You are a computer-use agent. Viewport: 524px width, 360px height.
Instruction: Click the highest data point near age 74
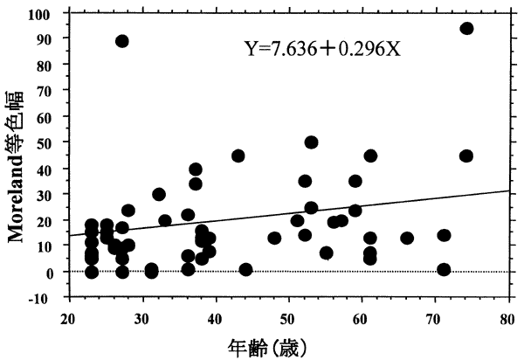(466, 28)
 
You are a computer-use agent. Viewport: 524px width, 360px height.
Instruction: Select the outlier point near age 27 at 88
(122, 41)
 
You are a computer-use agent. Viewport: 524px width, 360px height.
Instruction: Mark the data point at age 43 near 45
(238, 156)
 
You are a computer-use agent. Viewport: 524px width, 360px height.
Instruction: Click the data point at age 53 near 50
(311, 142)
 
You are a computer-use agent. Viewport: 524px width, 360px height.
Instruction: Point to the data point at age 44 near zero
(245, 269)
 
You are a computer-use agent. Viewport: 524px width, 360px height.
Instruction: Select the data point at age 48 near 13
(275, 238)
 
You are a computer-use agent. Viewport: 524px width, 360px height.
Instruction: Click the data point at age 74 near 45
(466, 156)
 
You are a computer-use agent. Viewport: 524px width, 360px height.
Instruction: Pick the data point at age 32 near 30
(159, 194)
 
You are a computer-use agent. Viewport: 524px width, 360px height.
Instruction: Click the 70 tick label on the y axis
(53, 91)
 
